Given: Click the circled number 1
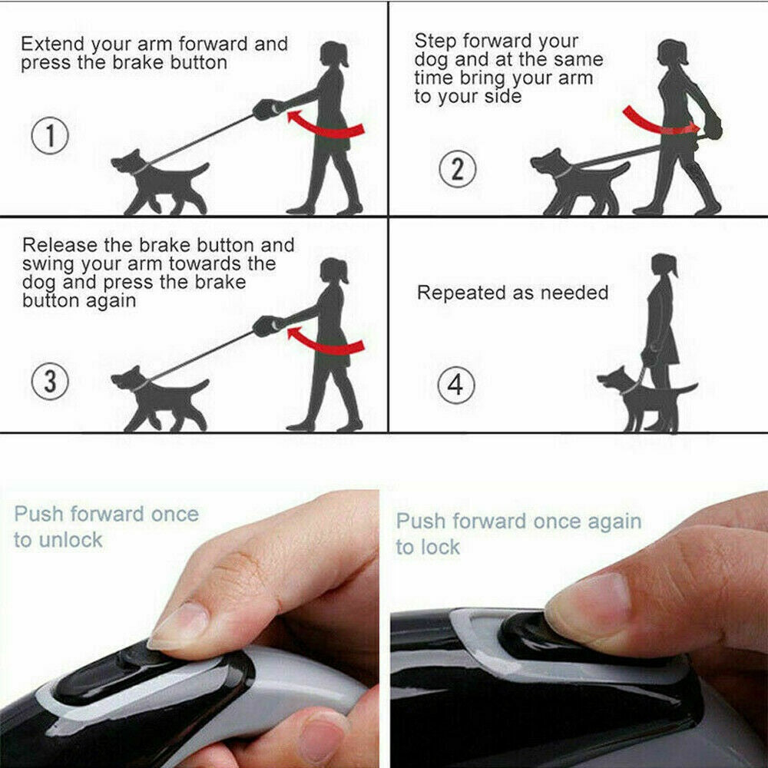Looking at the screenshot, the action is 50,136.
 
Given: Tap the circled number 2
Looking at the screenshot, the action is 457,168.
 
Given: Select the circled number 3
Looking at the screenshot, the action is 50,382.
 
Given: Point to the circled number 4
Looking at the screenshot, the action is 456,385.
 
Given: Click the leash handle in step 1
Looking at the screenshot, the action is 268,109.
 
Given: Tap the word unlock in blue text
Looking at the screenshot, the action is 71,540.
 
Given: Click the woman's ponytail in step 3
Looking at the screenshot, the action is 343,272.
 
